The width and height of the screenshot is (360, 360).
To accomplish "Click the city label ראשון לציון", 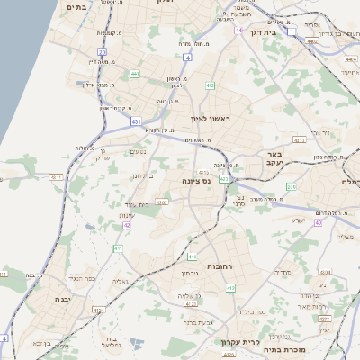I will [211, 119].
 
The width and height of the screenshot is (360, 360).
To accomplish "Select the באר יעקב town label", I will [274, 158].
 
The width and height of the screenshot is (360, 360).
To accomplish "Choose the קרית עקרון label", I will [239, 342].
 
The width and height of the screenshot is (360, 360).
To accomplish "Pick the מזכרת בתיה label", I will [313, 348].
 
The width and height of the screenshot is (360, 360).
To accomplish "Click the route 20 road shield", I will [103, 52].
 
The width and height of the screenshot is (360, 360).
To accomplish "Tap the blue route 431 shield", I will [136, 120].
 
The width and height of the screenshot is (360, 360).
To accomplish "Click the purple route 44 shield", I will [238, 31].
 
